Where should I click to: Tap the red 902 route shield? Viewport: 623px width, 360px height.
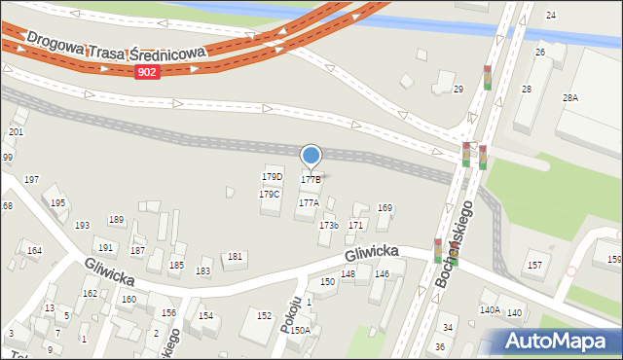tap(147, 72)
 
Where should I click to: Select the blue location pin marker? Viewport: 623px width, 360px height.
tap(311, 156)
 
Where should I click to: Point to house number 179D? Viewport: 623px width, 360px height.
tap(272, 176)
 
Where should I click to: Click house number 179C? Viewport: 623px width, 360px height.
tap(269, 194)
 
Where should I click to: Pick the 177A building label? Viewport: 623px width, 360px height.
tap(309, 202)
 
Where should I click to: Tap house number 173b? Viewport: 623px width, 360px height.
tap(329, 226)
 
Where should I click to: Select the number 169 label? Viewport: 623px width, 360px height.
tap(385, 207)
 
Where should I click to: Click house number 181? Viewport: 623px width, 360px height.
tap(235, 256)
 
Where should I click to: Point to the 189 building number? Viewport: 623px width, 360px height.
tap(116, 219)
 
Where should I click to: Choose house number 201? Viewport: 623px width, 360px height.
tap(16, 131)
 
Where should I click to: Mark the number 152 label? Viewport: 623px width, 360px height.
tap(264, 315)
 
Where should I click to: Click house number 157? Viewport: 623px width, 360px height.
tap(534, 265)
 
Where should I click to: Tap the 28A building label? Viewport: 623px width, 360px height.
tap(569, 98)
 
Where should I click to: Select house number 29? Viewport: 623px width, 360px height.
tap(458, 90)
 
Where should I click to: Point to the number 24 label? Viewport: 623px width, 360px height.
tap(551, 16)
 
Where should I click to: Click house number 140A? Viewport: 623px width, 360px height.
tap(489, 309)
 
